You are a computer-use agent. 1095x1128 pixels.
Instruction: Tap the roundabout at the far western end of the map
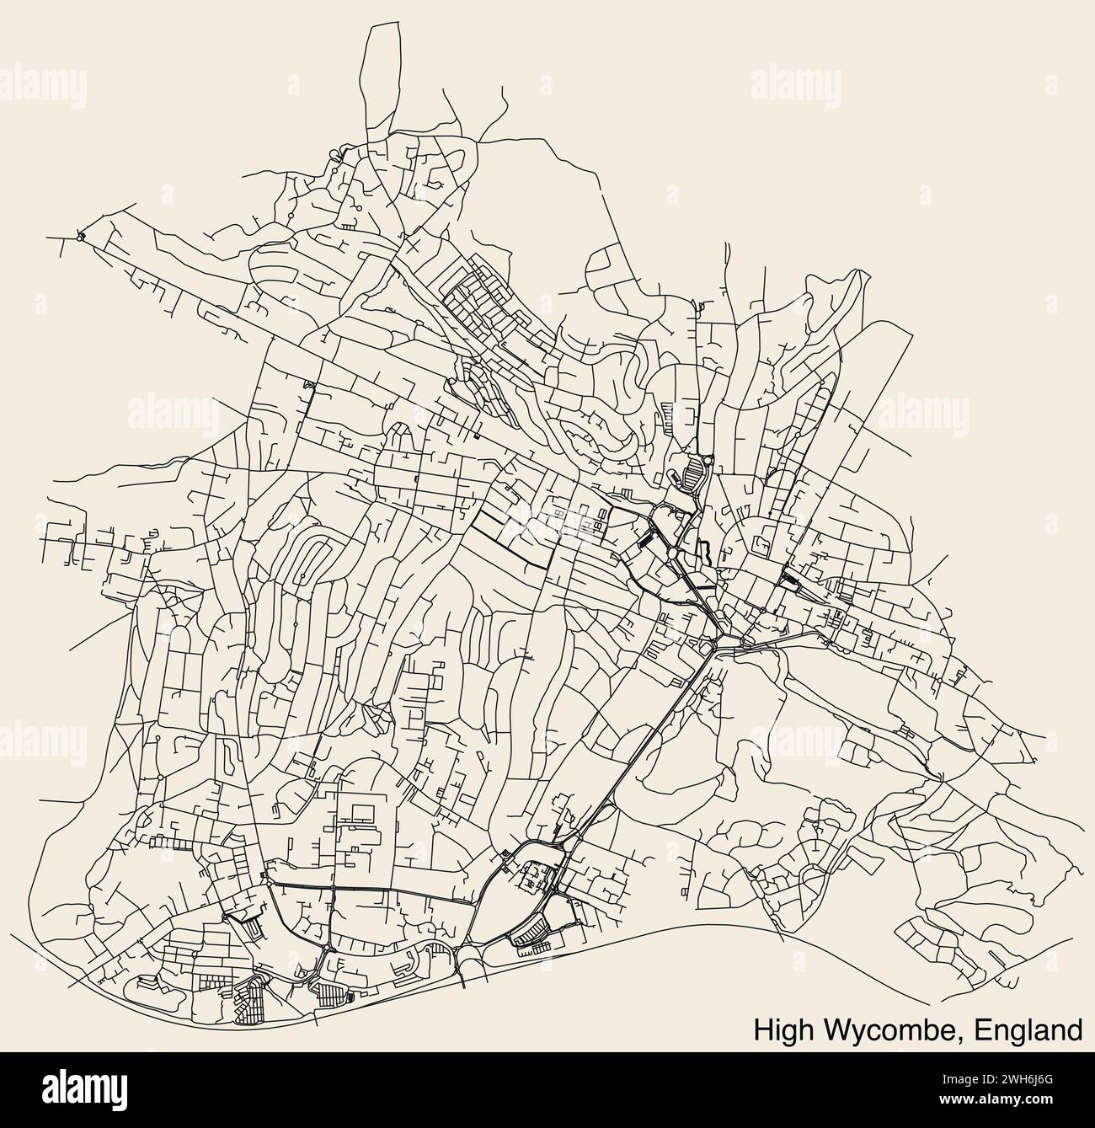tap(81, 237)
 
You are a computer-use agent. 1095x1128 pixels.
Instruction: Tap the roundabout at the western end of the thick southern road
tap(267, 879)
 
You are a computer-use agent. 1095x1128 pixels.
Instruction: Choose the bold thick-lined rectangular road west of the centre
tap(510, 539)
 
